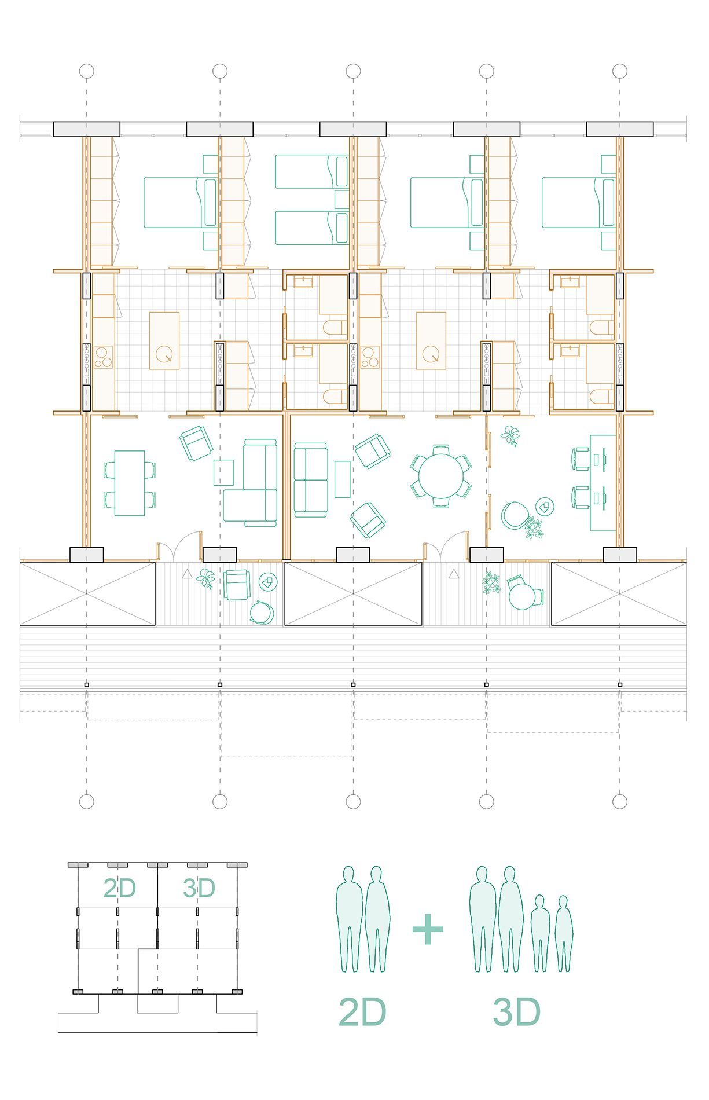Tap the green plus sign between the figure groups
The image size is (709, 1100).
coord(428,929)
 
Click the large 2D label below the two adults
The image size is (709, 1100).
coord(362,1012)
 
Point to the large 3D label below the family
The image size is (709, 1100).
coord(517,1012)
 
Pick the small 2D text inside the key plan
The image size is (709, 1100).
coord(119,888)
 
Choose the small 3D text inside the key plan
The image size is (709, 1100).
coord(199,888)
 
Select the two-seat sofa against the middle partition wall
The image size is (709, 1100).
coord(310,480)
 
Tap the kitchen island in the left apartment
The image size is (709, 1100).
coord(164,341)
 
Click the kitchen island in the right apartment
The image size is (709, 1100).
coord(431,341)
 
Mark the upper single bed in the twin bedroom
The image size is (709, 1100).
coord(311,171)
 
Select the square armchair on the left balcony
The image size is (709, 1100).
coord(237,585)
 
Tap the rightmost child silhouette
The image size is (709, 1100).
coord(564,934)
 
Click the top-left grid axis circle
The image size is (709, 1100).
coord(87,71)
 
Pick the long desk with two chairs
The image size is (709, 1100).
coord(603,482)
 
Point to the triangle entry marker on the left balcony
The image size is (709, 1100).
coord(187,574)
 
